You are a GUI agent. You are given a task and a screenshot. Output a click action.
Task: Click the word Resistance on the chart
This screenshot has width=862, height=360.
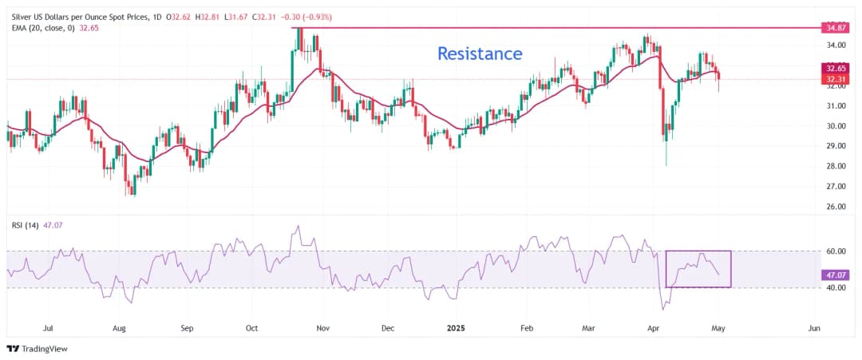pos(480,53)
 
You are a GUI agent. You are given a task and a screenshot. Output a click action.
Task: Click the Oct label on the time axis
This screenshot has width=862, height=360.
pos(251,327)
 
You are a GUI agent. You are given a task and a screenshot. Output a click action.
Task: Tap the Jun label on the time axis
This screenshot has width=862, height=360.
pos(814,327)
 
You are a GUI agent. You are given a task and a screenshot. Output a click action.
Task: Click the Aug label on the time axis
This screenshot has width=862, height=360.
pos(119,327)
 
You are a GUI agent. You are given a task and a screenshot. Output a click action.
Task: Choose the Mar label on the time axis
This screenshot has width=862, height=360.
pos(590,327)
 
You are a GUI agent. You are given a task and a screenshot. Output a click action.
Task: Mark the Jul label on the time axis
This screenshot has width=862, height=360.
pos(48,327)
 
